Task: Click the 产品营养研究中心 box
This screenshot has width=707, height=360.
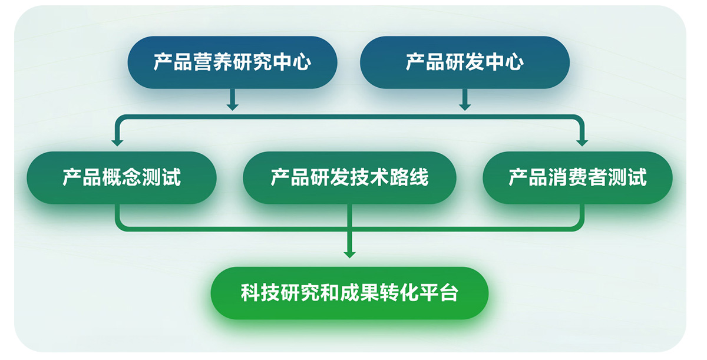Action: pos(232,62)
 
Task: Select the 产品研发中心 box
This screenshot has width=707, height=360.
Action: pos(465,62)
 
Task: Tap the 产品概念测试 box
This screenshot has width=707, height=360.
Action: pos(121,177)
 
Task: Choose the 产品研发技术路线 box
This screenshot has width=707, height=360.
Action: pos(349,177)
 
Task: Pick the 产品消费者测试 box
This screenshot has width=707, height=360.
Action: pos(577,177)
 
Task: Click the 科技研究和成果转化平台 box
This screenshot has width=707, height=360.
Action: pos(349,293)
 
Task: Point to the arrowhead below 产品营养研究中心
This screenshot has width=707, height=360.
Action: pos(232,107)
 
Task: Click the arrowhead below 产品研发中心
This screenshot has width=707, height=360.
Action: pos(465,107)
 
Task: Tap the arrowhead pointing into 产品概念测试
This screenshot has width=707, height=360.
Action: pos(117,143)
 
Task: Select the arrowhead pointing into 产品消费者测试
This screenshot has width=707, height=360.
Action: pos(582,143)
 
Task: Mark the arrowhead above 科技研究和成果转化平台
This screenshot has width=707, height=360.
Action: pos(349,255)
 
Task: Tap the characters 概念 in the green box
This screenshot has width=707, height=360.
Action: pos(121,177)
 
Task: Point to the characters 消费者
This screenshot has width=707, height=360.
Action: pos(577,177)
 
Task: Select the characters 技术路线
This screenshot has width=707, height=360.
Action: pos(389,177)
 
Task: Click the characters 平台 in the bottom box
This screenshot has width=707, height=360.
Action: pos(438,293)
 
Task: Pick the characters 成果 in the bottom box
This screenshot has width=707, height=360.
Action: pos(359,293)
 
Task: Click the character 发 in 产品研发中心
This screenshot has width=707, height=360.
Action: pos(474,62)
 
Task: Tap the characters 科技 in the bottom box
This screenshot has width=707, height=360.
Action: pos(260,293)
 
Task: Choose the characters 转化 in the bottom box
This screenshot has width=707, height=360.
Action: pos(399,293)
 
